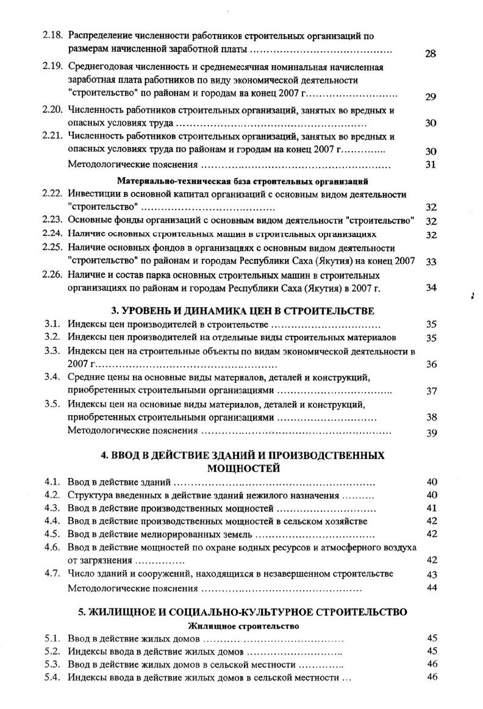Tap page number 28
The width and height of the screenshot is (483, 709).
430,54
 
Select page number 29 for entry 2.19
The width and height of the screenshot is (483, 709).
431,96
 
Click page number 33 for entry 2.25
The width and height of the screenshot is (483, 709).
431,262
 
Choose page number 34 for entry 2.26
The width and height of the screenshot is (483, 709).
431,288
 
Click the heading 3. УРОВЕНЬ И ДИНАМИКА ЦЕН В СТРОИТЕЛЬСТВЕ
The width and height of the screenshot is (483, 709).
243,310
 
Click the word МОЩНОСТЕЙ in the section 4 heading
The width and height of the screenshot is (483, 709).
243,468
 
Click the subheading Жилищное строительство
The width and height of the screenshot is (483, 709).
243,625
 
